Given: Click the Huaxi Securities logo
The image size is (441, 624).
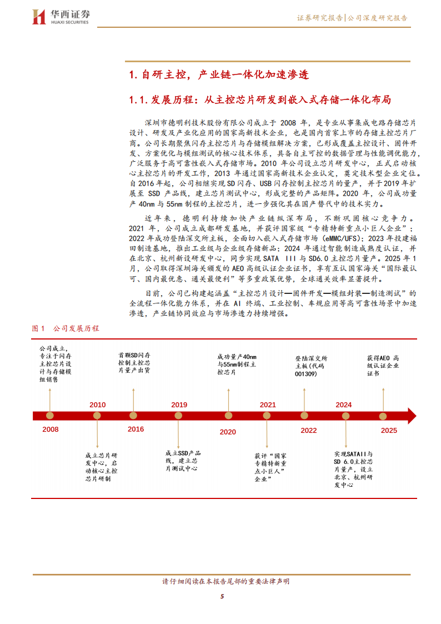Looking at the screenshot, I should pos(62,17).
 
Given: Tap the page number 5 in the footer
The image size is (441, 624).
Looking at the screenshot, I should pos(222,597).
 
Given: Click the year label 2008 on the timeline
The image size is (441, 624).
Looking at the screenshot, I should pos(51,430).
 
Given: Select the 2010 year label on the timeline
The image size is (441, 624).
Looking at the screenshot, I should pos(97,405).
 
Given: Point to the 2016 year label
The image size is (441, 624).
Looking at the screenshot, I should pos(136,429).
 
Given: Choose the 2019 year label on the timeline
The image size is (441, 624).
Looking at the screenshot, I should pos(179,405).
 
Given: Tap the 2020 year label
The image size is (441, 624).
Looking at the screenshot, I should pos(228,432).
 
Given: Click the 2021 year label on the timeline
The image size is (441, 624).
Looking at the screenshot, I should pos(267,405).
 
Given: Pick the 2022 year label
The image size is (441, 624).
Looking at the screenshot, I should pos(309,430).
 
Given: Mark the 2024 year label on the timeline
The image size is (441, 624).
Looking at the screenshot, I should pos(344,405).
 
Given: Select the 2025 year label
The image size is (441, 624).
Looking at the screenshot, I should pos(389,430).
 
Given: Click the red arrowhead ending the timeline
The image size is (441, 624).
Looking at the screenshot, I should pos(411,416).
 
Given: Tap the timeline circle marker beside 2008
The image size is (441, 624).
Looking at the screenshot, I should pos(50,416).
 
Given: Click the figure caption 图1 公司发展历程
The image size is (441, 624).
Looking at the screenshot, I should pos(66,328).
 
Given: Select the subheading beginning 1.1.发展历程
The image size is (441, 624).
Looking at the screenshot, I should pos(260,100).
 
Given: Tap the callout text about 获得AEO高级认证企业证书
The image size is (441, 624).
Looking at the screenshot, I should pos(383,366).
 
